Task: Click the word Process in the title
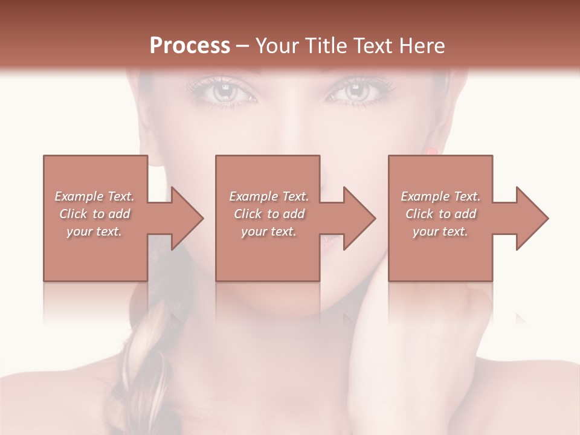click(190, 46)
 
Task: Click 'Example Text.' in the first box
click(95, 196)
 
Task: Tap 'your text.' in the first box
click(95, 231)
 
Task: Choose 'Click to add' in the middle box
click(269, 214)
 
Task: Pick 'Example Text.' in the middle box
click(269, 196)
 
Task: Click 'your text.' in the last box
click(440, 231)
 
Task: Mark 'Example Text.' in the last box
click(440, 196)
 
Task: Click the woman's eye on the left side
click(223, 92)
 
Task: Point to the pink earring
click(431, 150)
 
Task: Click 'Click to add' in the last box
click(440, 214)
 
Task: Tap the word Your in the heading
click(278, 46)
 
